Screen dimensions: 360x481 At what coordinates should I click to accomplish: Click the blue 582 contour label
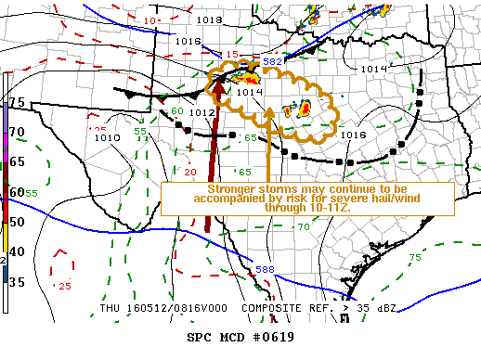point(272,62)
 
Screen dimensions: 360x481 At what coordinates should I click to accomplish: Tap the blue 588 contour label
point(264,270)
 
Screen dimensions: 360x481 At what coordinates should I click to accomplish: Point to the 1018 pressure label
point(209,19)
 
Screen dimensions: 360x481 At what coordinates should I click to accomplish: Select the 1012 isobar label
point(201,112)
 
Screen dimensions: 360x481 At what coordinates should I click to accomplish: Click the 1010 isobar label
point(107,137)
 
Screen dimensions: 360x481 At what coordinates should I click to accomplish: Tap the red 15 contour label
point(231,54)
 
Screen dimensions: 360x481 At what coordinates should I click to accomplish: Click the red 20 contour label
point(189,173)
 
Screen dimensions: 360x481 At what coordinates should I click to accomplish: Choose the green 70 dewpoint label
point(304,227)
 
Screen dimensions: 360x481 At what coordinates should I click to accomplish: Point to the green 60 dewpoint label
point(177,111)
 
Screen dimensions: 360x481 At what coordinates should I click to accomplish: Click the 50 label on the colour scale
point(17,221)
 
